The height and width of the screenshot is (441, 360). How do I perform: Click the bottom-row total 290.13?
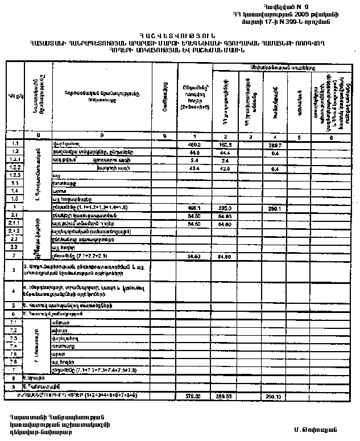click(275, 395)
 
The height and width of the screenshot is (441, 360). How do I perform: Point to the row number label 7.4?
click(15, 345)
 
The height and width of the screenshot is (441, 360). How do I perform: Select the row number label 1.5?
click(15, 199)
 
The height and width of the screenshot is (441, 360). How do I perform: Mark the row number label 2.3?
click(15, 248)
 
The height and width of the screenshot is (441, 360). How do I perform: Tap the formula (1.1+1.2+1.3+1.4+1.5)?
click(101, 208)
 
